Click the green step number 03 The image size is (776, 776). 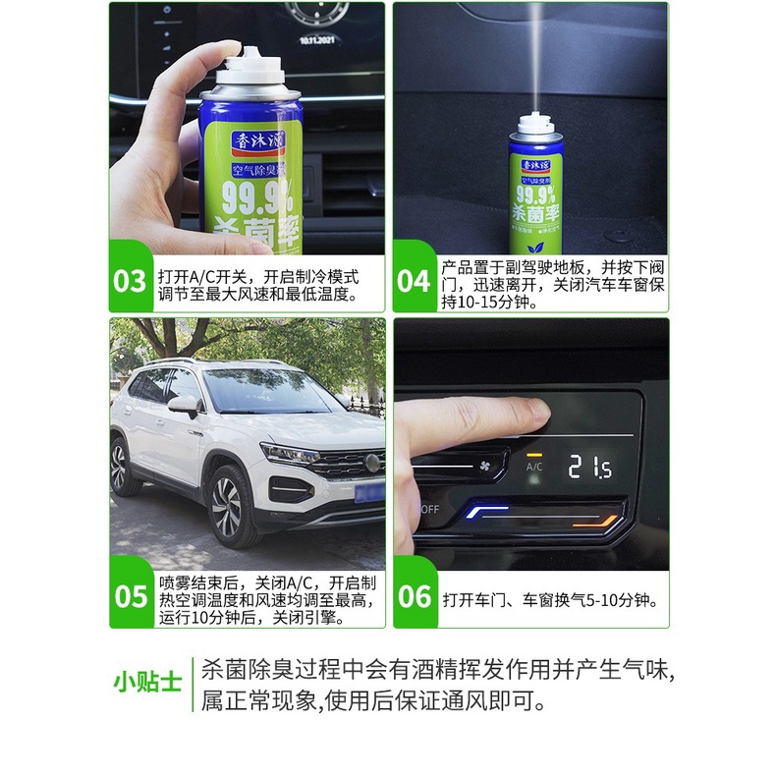coord(129,281)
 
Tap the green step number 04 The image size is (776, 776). coord(414,281)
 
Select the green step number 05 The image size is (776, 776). coord(131,597)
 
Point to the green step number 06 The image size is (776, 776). coord(415,597)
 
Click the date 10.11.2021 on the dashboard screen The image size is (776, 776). coord(316,40)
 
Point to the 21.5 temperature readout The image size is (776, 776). coord(589,467)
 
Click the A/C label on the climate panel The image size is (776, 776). coord(534,467)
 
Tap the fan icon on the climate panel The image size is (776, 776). coord(484,466)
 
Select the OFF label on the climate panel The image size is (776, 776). coord(429,509)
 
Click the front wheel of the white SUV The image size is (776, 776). coord(228,506)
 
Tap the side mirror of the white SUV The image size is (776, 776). coord(184,405)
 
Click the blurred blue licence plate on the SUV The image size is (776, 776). coord(369,493)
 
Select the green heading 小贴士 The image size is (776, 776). coord(147,683)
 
